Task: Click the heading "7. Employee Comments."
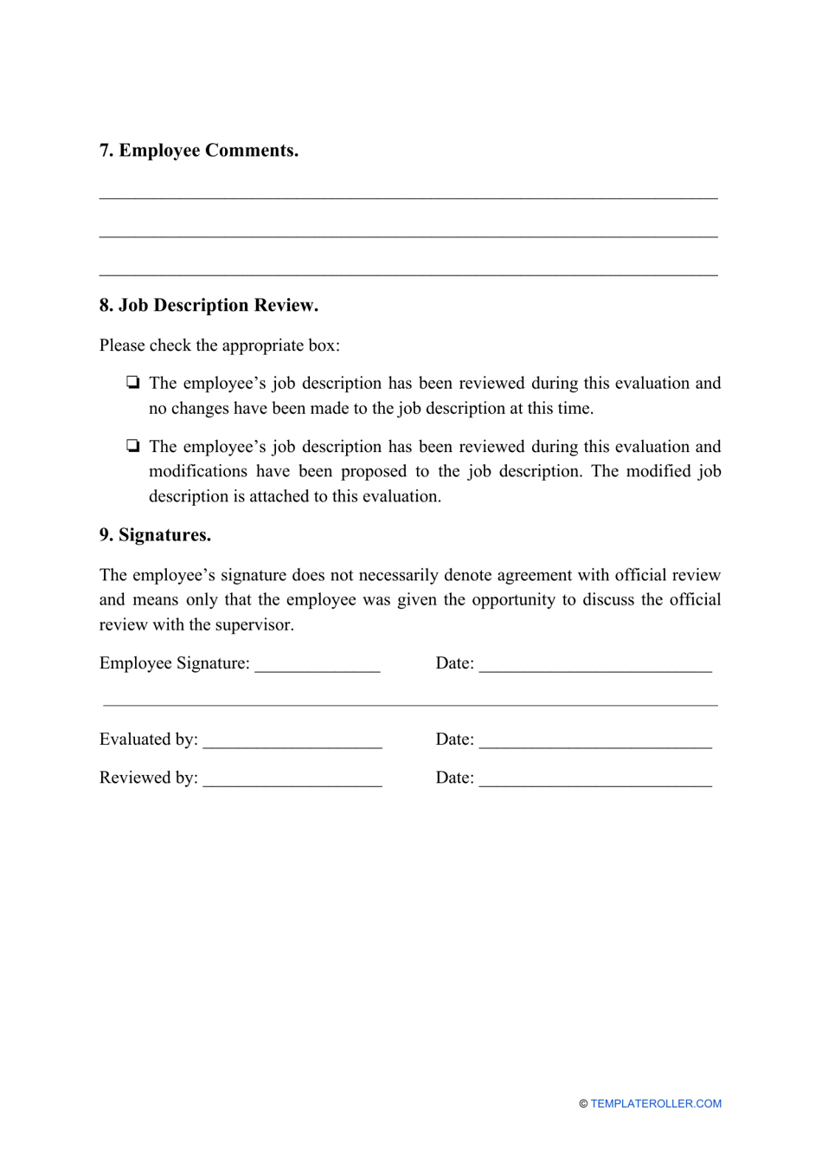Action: [199, 151]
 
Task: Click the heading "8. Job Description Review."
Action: [209, 306]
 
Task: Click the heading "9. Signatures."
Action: [155, 535]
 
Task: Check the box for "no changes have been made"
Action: [132, 383]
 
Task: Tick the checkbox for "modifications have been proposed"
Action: [132, 447]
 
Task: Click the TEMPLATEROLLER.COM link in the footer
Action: [656, 1104]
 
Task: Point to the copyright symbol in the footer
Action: [583, 1104]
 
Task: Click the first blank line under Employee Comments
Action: [408, 196]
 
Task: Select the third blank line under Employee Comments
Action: [408, 274]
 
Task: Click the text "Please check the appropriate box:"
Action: [220, 346]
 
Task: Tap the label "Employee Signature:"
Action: [175, 663]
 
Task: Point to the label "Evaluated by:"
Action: [149, 740]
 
